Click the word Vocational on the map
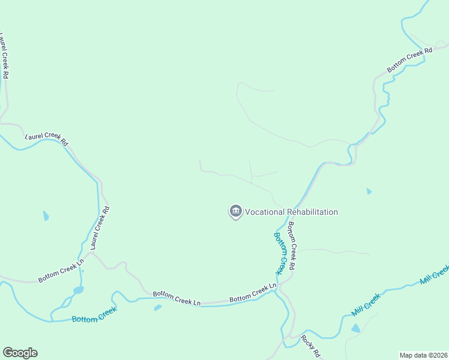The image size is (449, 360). (x=265, y=212)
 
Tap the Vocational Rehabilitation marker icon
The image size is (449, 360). (x=235, y=211)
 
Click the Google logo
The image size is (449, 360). (x=20, y=352)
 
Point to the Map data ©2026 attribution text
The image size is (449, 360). (x=423, y=355)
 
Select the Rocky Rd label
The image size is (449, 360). (x=311, y=346)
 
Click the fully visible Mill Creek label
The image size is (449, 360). (x=366, y=305)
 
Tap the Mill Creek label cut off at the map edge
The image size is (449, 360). (x=435, y=274)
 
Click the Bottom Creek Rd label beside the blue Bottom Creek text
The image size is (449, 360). (x=292, y=245)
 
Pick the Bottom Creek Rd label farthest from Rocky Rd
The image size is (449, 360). (x=409, y=61)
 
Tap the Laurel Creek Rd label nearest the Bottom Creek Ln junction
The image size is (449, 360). (x=100, y=228)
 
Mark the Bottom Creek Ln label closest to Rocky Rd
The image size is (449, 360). (x=253, y=294)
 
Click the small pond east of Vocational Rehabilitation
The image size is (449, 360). (x=369, y=191)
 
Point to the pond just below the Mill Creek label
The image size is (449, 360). (x=356, y=328)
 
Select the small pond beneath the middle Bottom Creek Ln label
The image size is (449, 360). (x=157, y=308)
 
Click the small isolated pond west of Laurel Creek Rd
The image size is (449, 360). (x=46, y=216)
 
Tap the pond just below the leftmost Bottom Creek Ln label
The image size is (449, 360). (x=78, y=290)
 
